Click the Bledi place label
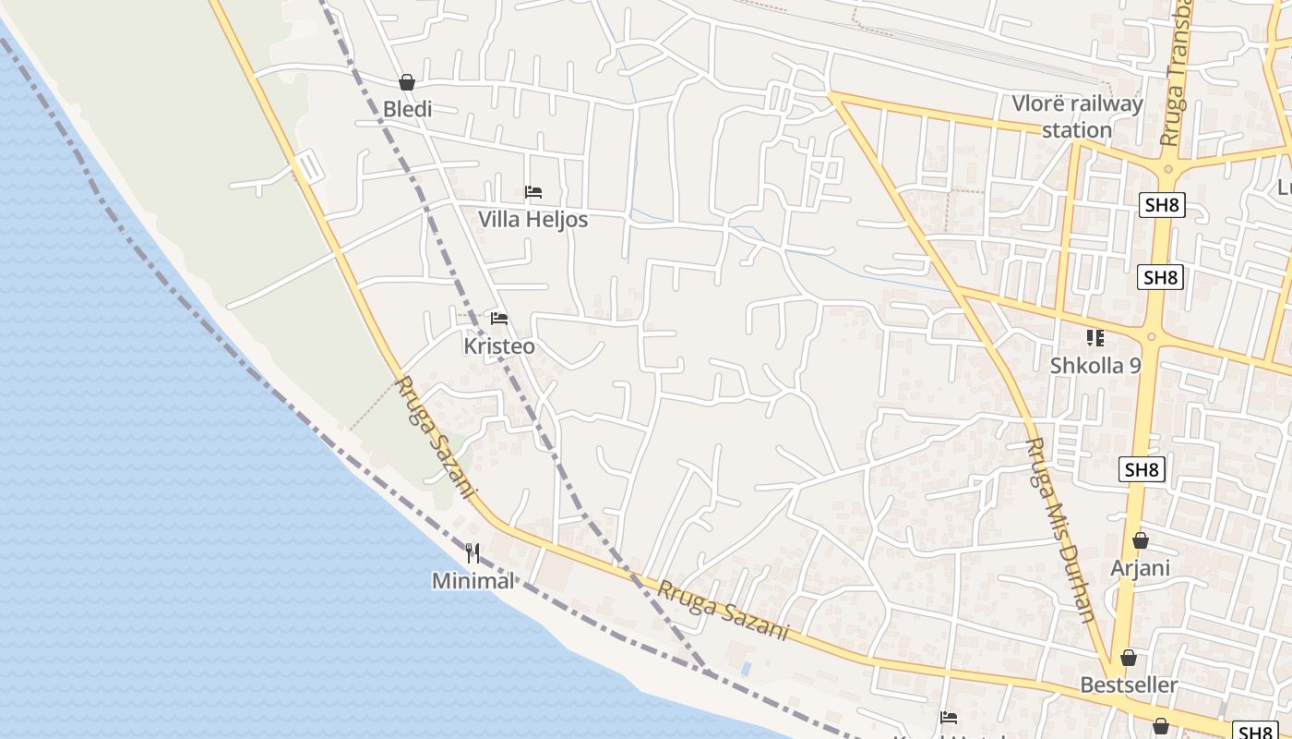[407, 109]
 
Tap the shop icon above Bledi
[407, 82]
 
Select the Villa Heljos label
[532, 220]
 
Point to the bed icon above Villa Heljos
[532, 192]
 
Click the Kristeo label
[498, 346]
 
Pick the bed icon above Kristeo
[499, 319]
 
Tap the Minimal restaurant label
[473, 581]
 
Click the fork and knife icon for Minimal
[473, 553]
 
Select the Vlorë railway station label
[1077, 116]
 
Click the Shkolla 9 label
[1095, 366]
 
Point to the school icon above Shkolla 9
[1095, 338]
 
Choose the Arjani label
[1141, 567]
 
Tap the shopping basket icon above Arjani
[1141, 540]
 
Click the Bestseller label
[1129, 684]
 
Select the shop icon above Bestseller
[1128, 658]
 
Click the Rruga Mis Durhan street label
[1060, 529]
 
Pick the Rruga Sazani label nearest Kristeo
[434, 438]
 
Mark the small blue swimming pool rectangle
[746, 667]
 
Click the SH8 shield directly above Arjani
[1142, 469]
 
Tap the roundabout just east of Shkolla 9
[1153, 336]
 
